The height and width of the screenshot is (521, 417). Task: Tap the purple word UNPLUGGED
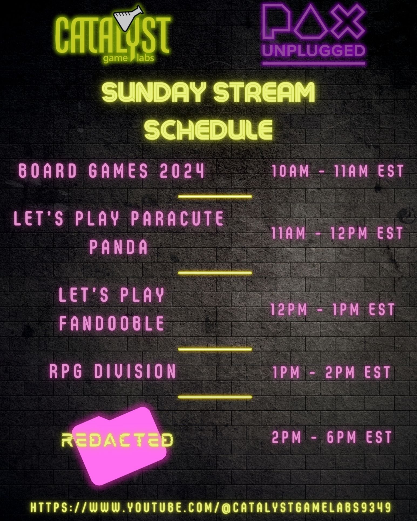(313, 51)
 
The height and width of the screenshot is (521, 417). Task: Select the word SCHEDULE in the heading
(208, 129)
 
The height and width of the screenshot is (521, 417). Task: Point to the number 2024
(182, 171)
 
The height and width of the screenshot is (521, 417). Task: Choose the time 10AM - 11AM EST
(337, 171)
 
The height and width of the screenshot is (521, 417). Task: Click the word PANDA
(118, 247)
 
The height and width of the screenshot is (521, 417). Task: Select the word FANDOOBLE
(111, 323)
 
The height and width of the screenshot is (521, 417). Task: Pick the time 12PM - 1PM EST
(333, 309)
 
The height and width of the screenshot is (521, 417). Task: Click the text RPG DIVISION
(113, 371)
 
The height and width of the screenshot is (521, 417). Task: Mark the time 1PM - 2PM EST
(332, 372)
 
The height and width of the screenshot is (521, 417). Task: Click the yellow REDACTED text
(117, 440)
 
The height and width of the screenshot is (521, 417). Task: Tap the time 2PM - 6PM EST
(332, 437)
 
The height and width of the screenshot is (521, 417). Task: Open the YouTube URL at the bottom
(211, 507)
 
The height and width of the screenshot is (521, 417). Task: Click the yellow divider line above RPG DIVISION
(215, 349)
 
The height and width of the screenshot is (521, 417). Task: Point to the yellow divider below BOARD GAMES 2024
(215, 196)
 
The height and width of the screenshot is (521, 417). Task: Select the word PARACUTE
(177, 218)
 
